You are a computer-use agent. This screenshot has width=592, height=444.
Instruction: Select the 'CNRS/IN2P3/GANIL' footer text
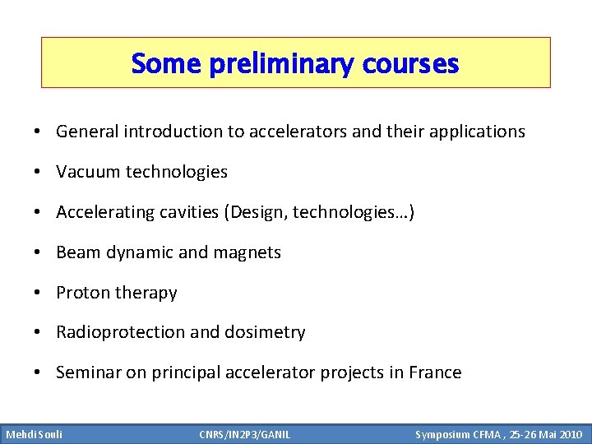click(x=245, y=433)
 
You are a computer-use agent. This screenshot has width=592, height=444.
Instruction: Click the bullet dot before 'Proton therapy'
click(x=39, y=293)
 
